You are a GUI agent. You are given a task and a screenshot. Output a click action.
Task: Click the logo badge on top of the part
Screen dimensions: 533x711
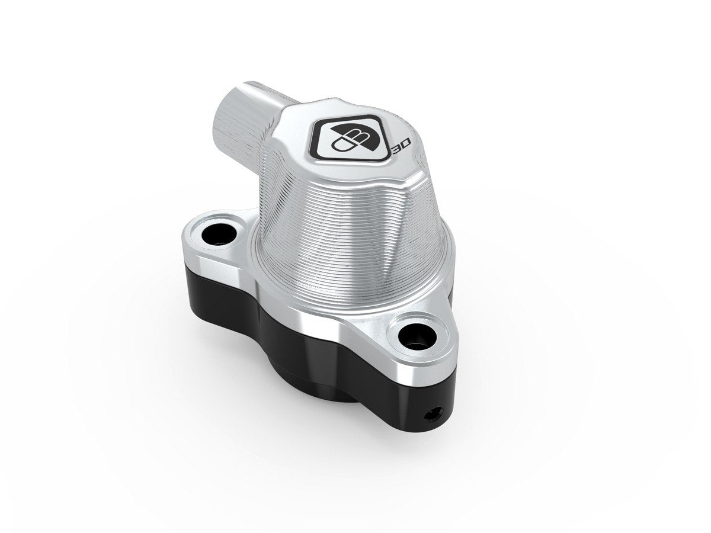(350, 135)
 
